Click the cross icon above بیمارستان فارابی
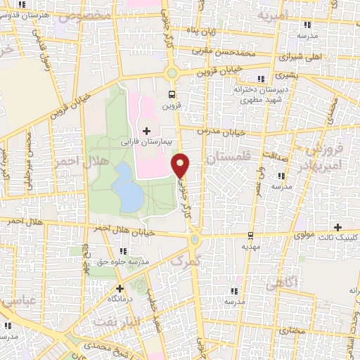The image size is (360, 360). tap(146, 131)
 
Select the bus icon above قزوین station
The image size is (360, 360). tap(171, 94)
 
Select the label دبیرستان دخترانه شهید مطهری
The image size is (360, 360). tap(262, 94)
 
